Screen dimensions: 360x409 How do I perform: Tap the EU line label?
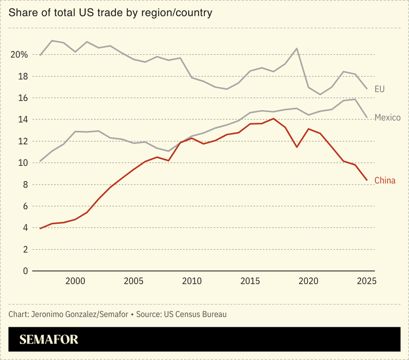click(379, 89)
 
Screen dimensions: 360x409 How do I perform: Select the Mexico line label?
click(387, 118)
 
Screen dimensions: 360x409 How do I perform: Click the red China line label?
click(385, 180)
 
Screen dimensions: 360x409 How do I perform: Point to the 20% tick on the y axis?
click(18, 55)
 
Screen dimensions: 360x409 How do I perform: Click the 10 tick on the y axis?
click(22, 163)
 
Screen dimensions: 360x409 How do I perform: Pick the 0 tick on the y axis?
click(25, 271)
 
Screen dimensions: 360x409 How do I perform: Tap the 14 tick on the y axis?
click(22, 120)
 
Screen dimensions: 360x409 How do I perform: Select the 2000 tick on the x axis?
click(75, 281)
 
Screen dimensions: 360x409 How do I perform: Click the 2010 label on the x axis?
click(192, 281)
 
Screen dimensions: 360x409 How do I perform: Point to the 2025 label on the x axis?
click(367, 281)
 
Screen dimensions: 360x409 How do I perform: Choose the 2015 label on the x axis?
click(250, 281)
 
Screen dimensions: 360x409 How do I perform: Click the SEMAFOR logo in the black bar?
click(49, 340)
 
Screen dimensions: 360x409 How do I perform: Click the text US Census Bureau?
click(196, 314)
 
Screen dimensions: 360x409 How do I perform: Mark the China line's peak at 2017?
click(273, 119)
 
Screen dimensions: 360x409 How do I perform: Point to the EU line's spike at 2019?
click(297, 49)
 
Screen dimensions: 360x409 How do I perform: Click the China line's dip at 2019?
click(297, 147)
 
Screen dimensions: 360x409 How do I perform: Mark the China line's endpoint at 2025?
click(367, 180)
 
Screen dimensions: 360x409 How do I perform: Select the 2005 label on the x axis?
click(134, 281)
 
